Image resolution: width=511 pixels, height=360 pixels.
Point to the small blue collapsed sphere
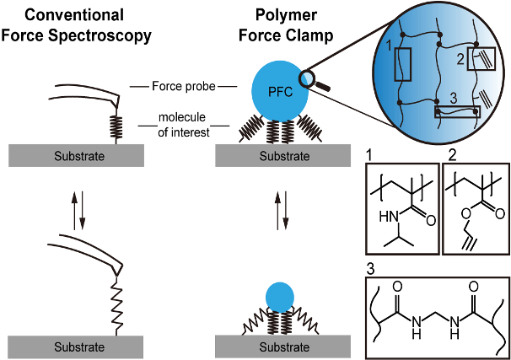[x=279, y=297]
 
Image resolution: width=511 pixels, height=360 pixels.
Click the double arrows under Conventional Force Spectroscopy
[x=77, y=211]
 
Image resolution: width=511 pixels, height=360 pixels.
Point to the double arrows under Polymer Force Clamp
[x=284, y=211]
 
